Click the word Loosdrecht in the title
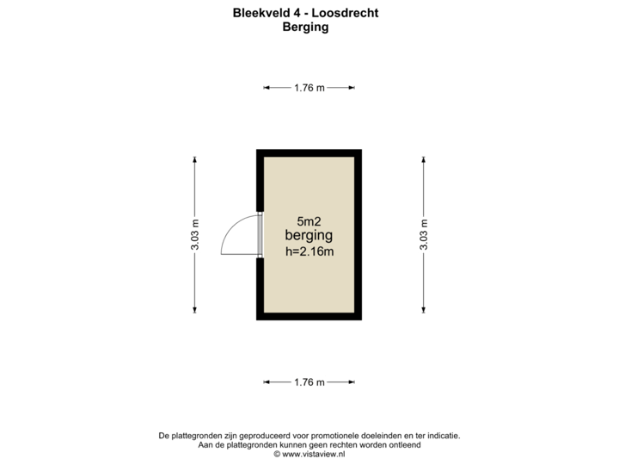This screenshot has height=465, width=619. [351, 14]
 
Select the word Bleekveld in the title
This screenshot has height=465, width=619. [254, 14]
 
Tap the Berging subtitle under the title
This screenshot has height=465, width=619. [305, 27]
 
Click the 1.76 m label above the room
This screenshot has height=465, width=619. [309, 87]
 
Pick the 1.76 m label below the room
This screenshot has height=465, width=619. [309, 382]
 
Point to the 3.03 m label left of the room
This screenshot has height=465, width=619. [195, 234]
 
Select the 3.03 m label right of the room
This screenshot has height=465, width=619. [424, 234]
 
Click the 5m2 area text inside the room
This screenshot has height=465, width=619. [309, 220]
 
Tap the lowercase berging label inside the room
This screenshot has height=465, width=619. [309, 235]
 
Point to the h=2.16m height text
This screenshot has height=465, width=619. [309, 251]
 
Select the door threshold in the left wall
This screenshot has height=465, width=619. [260, 234]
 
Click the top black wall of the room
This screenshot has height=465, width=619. [309, 152]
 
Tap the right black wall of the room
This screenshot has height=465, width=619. [359, 234]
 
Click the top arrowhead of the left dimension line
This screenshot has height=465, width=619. [195, 158]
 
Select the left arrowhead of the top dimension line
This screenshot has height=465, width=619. [266, 87]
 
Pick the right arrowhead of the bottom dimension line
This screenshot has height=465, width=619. [352, 382]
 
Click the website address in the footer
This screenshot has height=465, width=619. [309, 453]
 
